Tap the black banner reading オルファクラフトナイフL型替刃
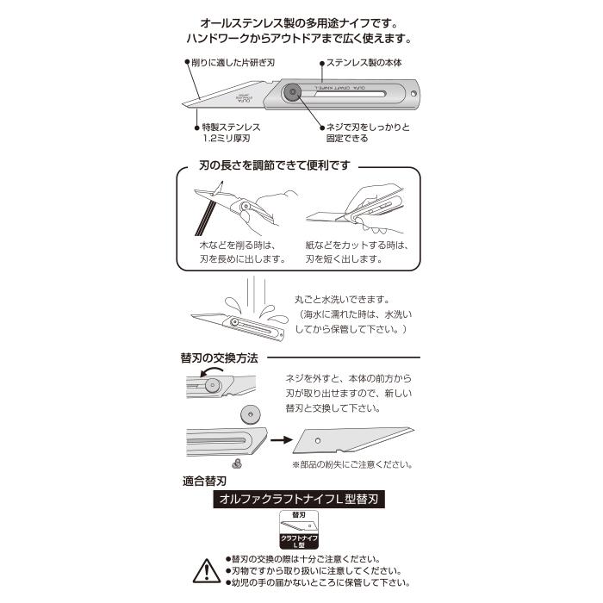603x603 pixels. (x=301, y=499)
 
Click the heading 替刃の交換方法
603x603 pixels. (x=220, y=357)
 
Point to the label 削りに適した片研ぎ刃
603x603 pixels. (x=230, y=63)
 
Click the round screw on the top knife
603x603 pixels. (x=294, y=91)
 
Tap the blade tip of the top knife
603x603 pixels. (x=189, y=107)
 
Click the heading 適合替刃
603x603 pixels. (x=206, y=479)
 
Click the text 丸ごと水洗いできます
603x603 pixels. (x=344, y=299)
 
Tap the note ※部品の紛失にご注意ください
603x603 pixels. (x=352, y=464)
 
